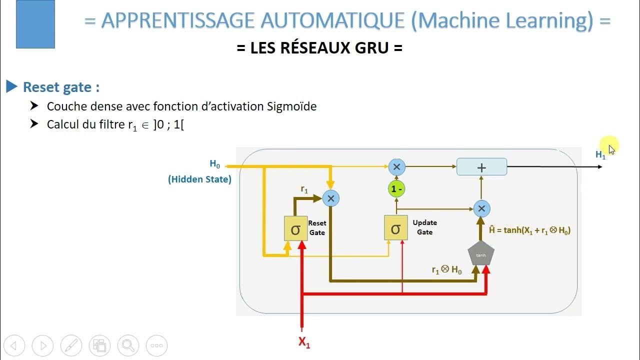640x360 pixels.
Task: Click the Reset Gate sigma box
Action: [295, 228]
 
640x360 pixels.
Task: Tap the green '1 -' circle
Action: [396, 189]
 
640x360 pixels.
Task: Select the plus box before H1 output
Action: [481, 167]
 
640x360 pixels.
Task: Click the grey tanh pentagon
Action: [480, 254]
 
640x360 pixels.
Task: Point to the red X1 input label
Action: [304, 342]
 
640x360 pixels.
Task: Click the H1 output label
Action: [600, 155]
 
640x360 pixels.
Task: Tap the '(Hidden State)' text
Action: [199, 179]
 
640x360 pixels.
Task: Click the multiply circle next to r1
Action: [330, 198]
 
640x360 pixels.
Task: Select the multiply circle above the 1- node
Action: [396, 166]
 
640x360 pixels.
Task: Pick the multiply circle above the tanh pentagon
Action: [481, 208]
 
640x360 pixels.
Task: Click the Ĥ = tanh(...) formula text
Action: [529, 230]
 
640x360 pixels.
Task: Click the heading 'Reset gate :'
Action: [61, 87]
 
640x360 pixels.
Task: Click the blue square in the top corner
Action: [35, 24]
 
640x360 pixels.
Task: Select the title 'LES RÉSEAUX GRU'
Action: [319, 48]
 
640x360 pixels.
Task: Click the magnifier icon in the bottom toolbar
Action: [128, 345]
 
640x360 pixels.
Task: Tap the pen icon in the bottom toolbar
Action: [71, 345]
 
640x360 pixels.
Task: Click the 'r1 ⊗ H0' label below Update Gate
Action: [446, 270]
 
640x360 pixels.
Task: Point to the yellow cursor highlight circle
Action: [610, 145]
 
